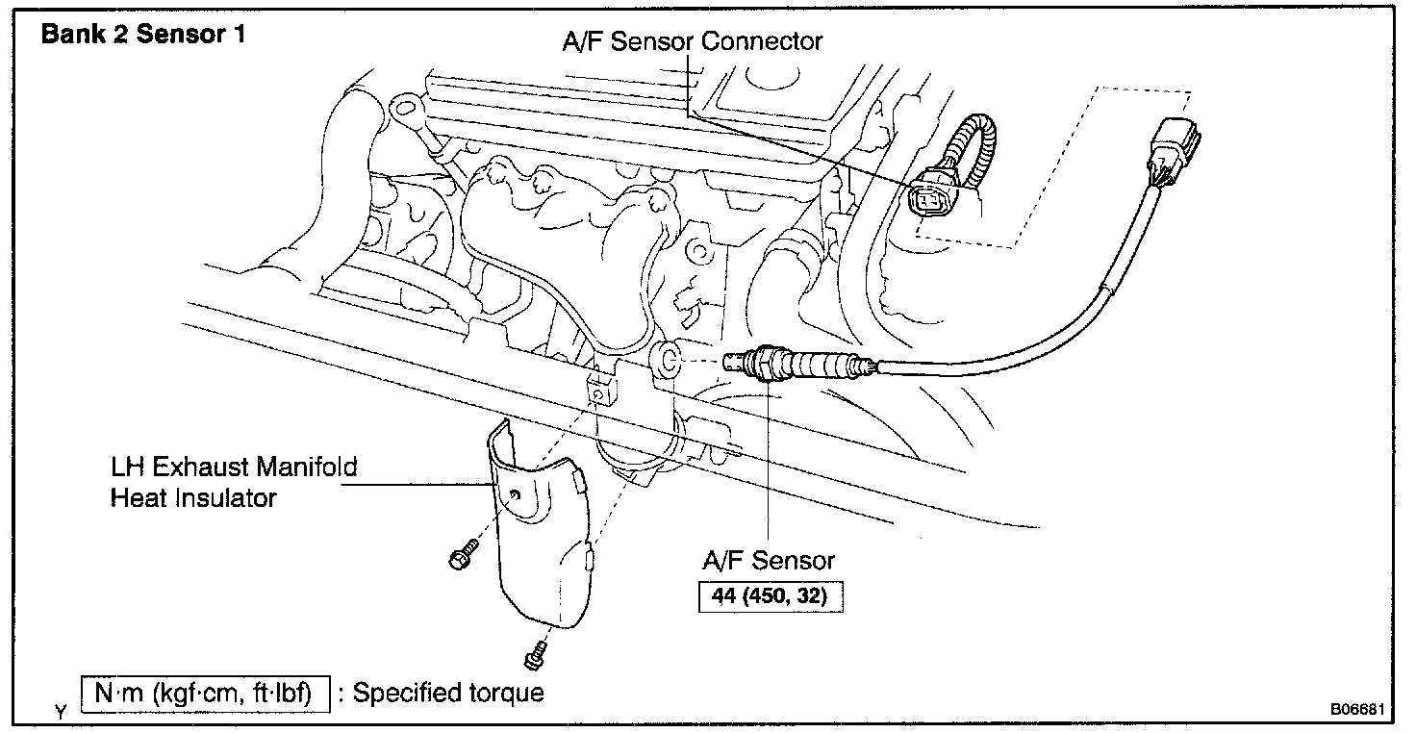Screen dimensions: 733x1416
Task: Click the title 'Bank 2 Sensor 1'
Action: [143, 36]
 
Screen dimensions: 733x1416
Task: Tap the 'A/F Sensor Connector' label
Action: [693, 41]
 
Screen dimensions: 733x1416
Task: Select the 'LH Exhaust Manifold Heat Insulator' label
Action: [233, 482]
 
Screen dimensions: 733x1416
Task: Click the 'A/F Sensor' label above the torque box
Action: [768, 559]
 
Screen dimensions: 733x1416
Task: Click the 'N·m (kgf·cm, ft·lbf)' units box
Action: [205, 693]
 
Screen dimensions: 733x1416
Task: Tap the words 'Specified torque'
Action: [448, 693]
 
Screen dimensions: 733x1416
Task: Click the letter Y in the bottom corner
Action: [61, 713]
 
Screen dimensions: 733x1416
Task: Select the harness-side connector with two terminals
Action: [925, 199]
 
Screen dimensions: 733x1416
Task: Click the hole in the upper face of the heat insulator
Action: [516, 494]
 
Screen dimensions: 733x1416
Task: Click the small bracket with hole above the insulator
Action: [597, 392]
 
